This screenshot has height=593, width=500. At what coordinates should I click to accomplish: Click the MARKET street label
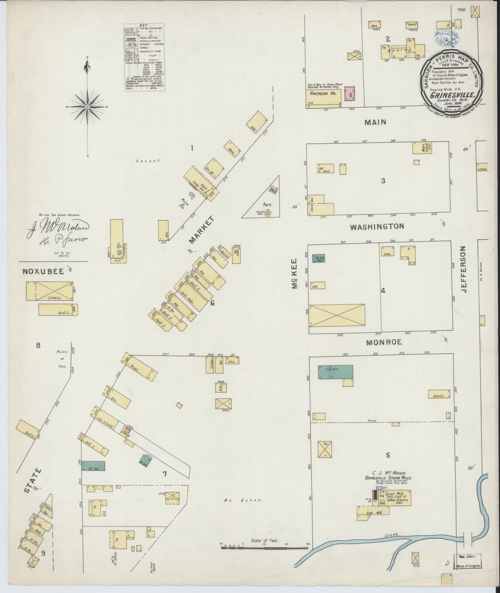(201, 230)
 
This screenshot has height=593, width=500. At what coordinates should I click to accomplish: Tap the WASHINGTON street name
(377, 227)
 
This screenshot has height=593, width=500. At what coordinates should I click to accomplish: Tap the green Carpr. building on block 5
(335, 372)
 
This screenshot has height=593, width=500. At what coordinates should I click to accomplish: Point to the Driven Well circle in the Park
(268, 213)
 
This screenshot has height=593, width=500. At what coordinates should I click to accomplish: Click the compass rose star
(87, 107)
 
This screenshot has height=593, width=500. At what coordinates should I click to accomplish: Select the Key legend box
(144, 57)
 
